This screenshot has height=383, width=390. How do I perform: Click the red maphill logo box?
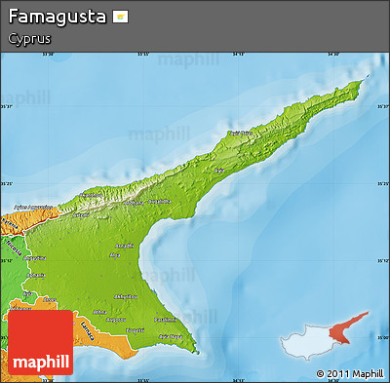(40, 345)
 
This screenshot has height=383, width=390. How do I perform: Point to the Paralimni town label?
(166, 319)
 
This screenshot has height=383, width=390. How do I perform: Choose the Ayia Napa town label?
(166, 336)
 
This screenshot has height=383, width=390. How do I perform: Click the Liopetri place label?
(135, 329)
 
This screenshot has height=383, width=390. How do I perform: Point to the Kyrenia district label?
(9, 223)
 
